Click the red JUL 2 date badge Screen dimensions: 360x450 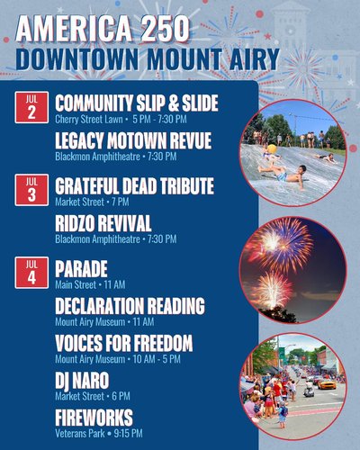coord(31,107)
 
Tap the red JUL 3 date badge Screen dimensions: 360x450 coord(31,190)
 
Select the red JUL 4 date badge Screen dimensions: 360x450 coord(31,273)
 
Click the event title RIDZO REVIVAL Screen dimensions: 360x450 coord(103,223)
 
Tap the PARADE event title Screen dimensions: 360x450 coord(81,268)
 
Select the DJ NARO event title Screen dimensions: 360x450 coord(82,381)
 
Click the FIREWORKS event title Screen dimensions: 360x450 coord(94,418)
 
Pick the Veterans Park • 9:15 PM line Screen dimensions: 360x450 coord(99,433)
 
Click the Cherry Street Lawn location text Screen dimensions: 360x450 coord(89,119)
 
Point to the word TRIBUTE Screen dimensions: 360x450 coord(186,186)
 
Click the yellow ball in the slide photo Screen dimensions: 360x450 coord(272,149)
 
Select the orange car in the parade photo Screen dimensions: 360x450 coord(327,384)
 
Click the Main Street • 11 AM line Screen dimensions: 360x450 coord(90,284)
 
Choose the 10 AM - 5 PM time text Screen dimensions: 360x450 coord(157,359)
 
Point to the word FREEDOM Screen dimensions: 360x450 coord(163,343)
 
